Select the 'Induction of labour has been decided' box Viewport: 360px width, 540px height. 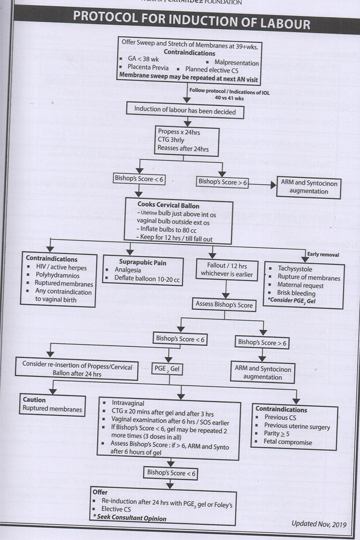[184, 110]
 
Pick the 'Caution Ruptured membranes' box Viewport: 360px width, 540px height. [52, 405]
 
